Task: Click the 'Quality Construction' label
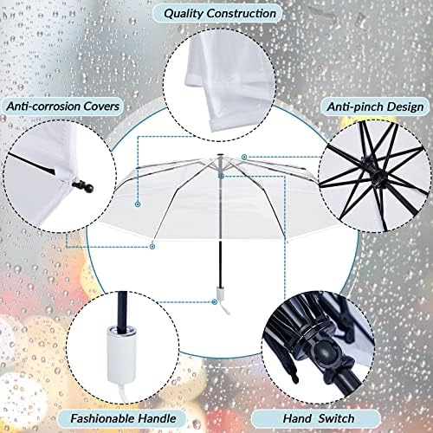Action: (220, 14)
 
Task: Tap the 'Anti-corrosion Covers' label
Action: (62, 107)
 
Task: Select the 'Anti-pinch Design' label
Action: (375, 107)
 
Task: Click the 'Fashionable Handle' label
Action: (123, 418)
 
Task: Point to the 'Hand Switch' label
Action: (319, 418)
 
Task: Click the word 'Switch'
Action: (337, 418)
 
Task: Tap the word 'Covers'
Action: (101, 107)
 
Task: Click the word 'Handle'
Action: (157, 418)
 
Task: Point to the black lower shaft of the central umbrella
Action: (220, 262)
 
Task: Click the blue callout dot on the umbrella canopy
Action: (138, 204)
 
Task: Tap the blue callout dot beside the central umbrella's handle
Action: (215, 302)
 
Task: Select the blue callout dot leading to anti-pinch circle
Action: (244, 157)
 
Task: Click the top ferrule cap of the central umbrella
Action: (220, 154)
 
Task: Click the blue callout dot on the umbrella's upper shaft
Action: (222, 176)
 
